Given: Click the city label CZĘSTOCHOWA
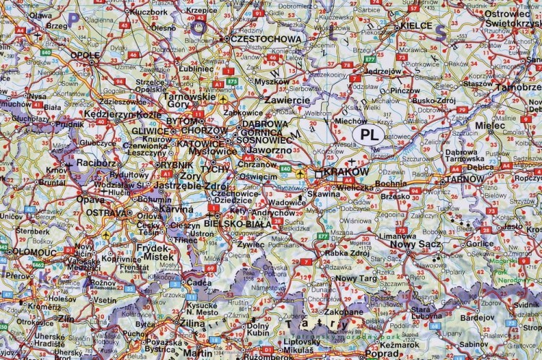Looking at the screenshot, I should (x=266, y=39).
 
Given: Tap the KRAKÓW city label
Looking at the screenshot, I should (x=346, y=172).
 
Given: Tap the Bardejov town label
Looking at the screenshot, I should (x=478, y=317).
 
